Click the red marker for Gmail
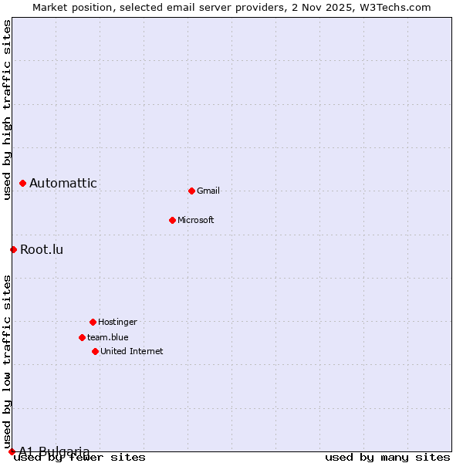click(x=191, y=191)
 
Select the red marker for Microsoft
click(x=172, y=220)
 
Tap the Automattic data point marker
click(x=22, y=183)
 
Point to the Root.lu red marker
click(x=13, y=249)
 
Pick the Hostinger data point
click(x=93, y=322)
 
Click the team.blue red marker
click(x=82, y=337)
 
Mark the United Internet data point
click(x=95, y=351)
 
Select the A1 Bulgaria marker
click(x=12, y=451)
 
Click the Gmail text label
click(x=208, y=191)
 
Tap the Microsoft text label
click(x=196, y=220)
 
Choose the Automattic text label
click(x=63, y=183)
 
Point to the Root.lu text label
click(x=42, y=249)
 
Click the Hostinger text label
click(x=117, y=322)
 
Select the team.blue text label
click(x=108, y=337)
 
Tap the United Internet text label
click(x=132, y=351)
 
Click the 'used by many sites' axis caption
click(x=387, y=458)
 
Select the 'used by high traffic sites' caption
click(x=7, y=110)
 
